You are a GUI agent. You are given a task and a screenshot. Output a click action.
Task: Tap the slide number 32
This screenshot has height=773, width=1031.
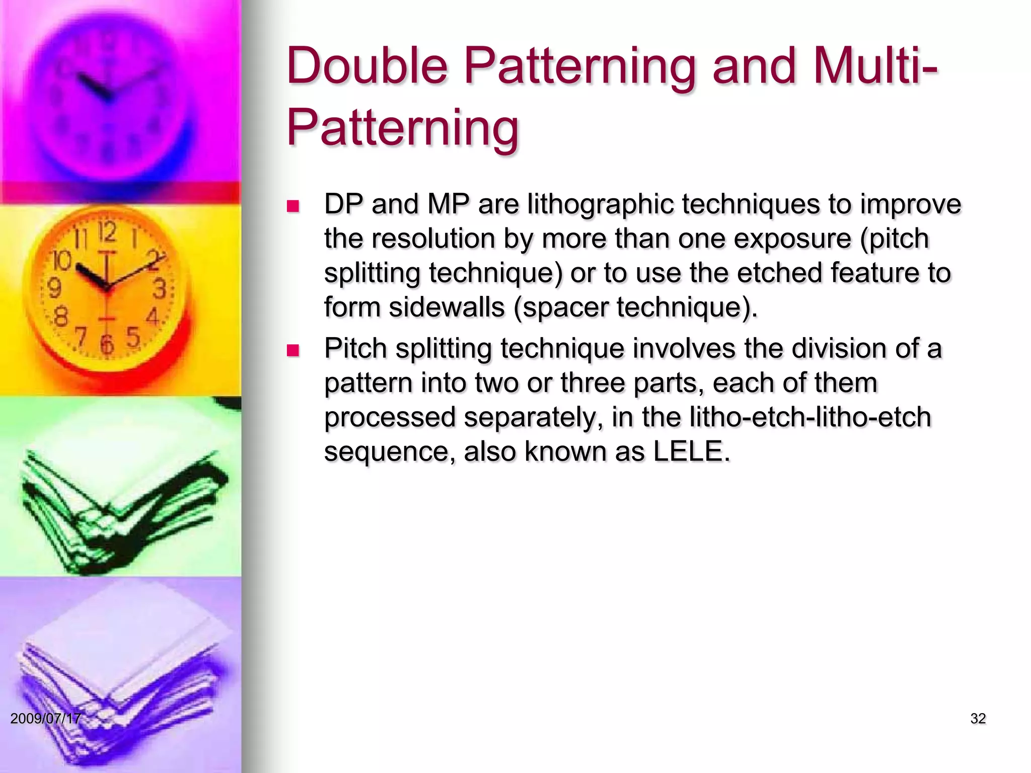(x=978, y=719)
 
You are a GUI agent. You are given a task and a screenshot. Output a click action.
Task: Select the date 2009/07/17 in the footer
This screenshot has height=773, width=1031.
(x=45, y=718)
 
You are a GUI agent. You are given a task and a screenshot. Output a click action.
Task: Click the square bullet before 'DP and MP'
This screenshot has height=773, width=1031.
(x=292, y=206)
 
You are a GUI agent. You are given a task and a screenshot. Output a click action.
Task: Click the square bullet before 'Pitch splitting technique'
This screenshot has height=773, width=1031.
(x=292, y=350)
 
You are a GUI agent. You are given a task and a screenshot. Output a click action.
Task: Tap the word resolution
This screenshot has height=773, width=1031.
(x=433, y=239)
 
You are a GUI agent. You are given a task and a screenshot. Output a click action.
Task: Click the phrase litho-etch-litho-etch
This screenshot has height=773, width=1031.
(x=810, y=417)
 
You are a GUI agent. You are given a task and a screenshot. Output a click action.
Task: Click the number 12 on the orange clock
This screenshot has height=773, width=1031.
(x=107, y=233)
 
